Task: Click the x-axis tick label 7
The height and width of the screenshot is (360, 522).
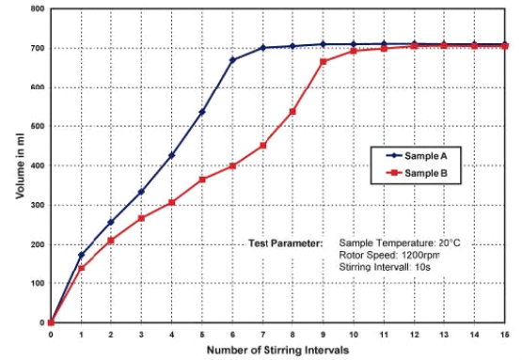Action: click(262, 334)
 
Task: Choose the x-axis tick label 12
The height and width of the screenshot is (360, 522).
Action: click(414, 334)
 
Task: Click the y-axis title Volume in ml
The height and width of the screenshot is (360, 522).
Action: click(18, 164)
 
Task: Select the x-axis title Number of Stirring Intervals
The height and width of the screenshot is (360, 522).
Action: click(279, 350)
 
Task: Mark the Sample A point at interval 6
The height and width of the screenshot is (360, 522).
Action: click(232, 60)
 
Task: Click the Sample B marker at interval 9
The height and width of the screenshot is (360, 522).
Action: click(323, 62)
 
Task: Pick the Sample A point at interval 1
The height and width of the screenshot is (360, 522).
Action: click(81, 255)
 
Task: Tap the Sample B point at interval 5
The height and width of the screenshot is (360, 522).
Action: click(202, 180)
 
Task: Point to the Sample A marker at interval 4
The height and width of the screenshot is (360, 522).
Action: click(171, 156)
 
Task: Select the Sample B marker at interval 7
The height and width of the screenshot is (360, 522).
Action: click(262, 146)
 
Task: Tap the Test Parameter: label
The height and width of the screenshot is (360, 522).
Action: click(285, 243)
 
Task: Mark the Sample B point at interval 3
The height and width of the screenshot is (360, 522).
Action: click(141, 219)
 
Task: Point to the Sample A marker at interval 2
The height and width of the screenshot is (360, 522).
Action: click(111, 223)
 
